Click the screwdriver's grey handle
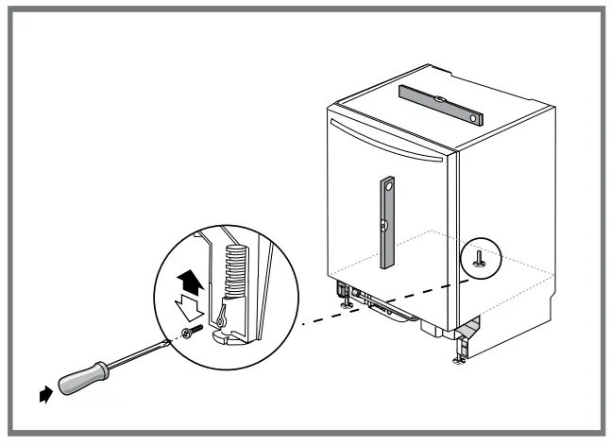pos(83,377)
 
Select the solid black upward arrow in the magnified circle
pos(190,280)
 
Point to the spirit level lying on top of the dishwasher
pos(440,104)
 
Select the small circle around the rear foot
pos(482,256)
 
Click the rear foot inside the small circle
pos(482,260)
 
